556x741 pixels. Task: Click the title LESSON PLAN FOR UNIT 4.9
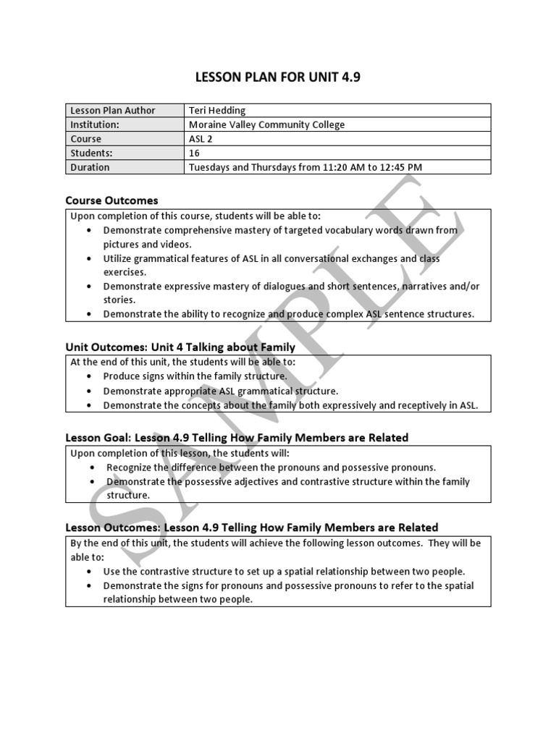pos(277,77)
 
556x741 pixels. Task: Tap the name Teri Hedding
pos(216,110)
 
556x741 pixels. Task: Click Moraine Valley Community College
pos(266,124)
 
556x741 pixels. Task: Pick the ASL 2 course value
pos(201,139)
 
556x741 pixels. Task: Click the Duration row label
pos(90,167)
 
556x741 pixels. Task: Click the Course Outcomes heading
pos(111,200)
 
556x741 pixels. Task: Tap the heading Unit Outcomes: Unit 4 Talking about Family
pos(180,347)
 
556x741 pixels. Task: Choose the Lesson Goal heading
pos(237,437)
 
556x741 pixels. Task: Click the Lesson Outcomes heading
pos(251,527)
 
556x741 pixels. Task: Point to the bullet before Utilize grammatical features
pos(88,258)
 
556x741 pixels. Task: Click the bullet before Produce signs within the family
pos(88,376)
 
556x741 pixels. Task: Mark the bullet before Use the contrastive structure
pos(88,571)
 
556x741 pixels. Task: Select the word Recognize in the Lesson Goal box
pos(130,467)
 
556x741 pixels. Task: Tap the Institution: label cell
pos(95,124)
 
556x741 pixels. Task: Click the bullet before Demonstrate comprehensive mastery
pos(88,230)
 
